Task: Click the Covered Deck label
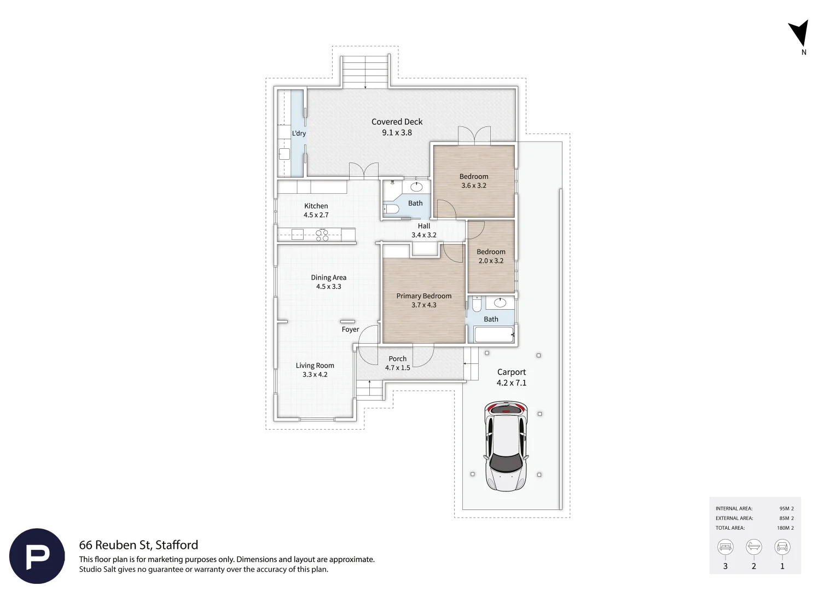tap(397, 121)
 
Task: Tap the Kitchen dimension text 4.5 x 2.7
tap(316, 215)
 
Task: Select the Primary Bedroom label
tap(423, 296)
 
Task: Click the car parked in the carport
tap(506, 446)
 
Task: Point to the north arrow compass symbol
tap(799, 33)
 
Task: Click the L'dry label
tap(299, 134)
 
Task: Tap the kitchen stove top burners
tap(322, 235)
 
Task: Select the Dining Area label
tap(328, 277)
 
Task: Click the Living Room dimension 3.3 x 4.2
tap(315, 374)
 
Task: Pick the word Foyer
tap(350, 329)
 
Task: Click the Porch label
tap(397, 359)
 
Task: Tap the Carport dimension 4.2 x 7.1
tap(512, 383)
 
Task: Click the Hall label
tap(423, 226)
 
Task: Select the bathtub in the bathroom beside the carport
tap(494, 334)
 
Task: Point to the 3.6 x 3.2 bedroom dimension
tap(474, 186)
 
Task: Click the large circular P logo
tap(37, 556)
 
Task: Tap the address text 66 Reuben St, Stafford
tap(138, 545)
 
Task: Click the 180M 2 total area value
tap(785, 528)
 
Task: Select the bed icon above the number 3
tap(725, 547)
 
